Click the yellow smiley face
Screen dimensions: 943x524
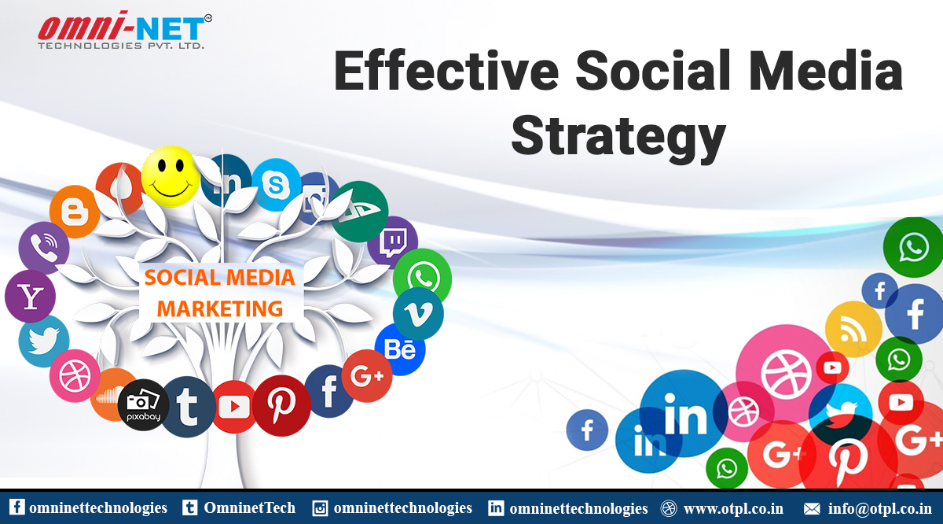170,176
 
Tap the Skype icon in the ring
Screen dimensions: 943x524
276,185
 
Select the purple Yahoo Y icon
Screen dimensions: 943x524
31,297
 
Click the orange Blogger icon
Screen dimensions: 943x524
75,211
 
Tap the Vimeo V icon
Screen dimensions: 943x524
418,314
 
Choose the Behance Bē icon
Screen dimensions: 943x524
400,349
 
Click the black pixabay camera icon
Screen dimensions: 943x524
143,404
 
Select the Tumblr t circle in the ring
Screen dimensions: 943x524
188,407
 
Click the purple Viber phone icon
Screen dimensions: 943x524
44,248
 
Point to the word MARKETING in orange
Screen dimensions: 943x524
220,308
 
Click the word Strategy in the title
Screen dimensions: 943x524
618,138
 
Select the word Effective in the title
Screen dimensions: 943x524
446,71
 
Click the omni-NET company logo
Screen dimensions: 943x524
125,30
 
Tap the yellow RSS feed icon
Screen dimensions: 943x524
853,330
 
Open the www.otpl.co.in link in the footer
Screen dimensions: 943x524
733,508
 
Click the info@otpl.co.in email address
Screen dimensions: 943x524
880,508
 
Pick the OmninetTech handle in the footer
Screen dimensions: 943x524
250,508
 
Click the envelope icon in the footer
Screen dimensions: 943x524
812,509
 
